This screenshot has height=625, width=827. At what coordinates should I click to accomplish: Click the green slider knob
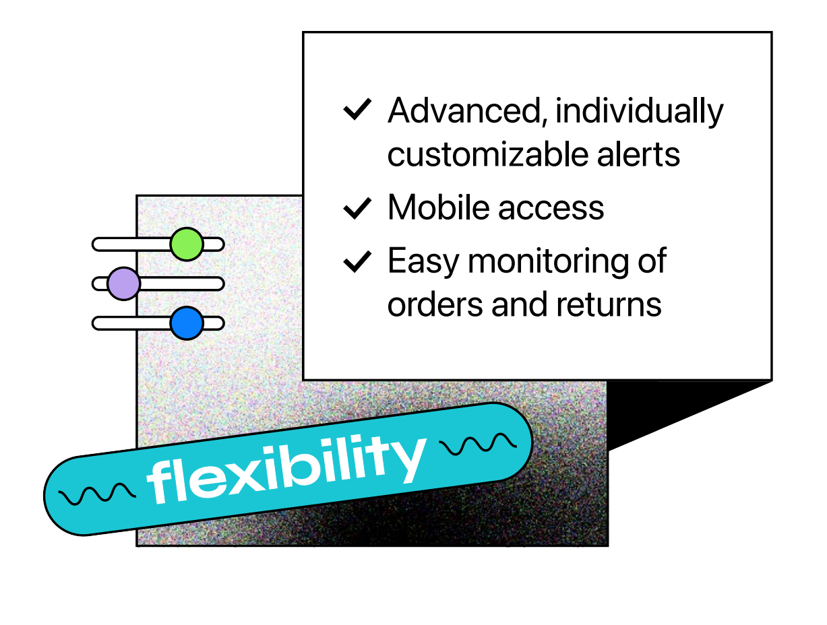(x=187, y=244)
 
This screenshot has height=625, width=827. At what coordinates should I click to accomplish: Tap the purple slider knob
(x=123, y=284)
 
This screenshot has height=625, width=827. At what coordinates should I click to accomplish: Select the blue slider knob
(x=187, y=323)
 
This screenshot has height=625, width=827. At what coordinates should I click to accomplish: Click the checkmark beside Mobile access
(x=357, y=208)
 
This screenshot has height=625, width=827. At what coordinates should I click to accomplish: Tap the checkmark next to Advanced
(x=357, y=110)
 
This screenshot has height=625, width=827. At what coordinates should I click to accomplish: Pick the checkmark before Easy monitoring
(x=357, y=261)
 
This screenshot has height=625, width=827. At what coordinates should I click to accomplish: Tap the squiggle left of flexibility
(x=98, y=495)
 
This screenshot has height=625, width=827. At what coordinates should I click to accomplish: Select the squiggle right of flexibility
(x=478, y=443)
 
